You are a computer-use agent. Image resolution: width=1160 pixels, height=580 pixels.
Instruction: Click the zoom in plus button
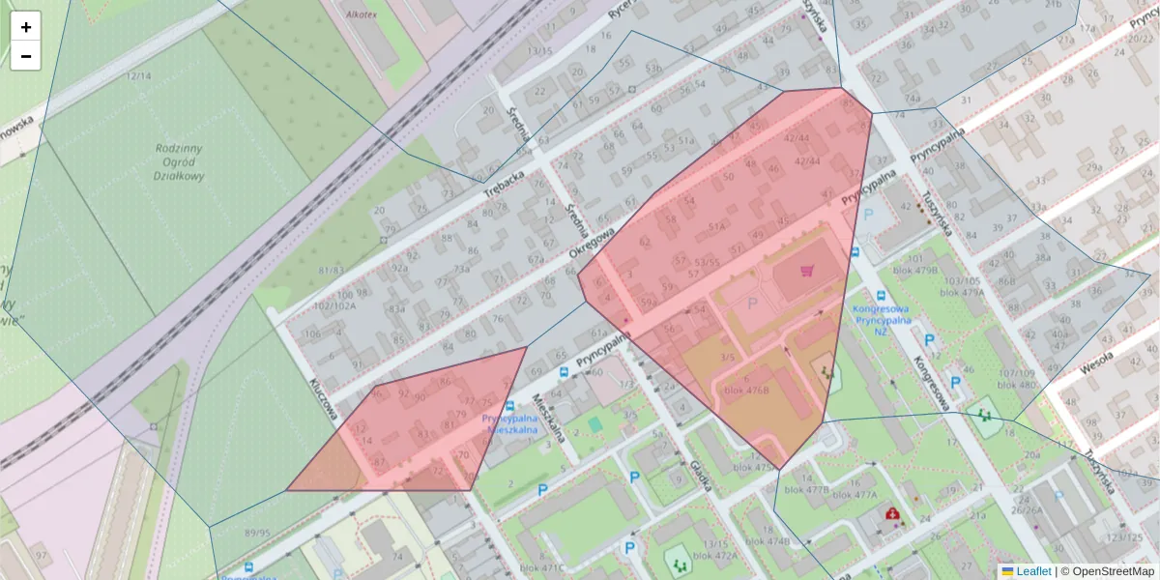tap(26, 27)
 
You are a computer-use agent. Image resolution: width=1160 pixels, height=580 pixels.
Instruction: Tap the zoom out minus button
tap(26, 56)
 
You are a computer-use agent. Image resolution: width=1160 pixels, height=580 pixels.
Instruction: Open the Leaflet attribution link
tap(1032, 571)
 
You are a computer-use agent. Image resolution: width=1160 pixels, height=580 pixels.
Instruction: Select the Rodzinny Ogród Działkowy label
tap(180, 162)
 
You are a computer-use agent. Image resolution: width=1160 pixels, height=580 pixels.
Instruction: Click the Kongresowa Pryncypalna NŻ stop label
tap(881, 320)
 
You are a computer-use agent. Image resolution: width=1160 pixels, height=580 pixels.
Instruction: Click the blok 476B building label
tap(746, 389)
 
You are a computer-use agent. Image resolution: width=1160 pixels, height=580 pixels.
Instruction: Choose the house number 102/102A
tap(334, 305)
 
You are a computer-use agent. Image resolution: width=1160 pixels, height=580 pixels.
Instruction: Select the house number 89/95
tap(258, 533)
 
